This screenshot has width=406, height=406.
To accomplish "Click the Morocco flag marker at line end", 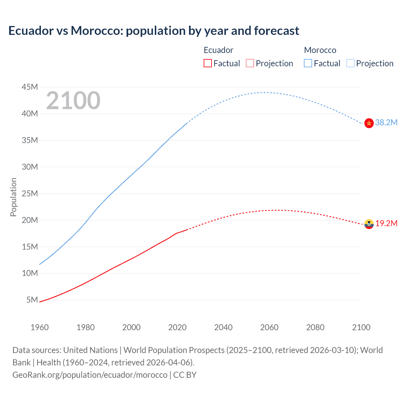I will (x=369, y=123).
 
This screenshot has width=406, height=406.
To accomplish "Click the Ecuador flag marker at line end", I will (x=369, y=224).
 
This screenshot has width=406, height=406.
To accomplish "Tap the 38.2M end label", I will (x=386, y=122).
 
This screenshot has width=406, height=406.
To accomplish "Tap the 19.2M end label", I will (x=386, y=223).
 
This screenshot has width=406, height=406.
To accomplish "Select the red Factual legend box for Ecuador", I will (x=208, y=63).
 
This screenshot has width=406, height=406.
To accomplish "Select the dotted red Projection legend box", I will (x=250, y=63).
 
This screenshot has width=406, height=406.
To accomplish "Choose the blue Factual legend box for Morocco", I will (x=308, y=63).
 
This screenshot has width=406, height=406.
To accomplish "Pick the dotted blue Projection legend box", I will (x=350, y=63).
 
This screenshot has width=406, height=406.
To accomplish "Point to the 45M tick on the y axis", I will (x=30, y=87).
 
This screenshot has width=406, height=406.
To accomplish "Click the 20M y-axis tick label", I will (x=30, y=220).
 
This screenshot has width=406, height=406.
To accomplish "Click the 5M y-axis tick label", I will (x=32, y=300).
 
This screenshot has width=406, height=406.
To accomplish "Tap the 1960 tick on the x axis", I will (x=40, y=327).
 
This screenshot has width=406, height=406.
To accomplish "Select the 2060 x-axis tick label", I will (x=269, y=327).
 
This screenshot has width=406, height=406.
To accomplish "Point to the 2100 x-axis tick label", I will (x=361, y=327).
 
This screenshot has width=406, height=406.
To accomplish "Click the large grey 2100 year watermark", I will (x=73, y=101).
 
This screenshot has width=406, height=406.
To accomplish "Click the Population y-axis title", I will (x=13, y=197).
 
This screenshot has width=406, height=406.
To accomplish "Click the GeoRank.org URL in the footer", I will (x=90, y=375).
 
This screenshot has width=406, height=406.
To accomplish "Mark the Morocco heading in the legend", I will (x=320, y=50).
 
